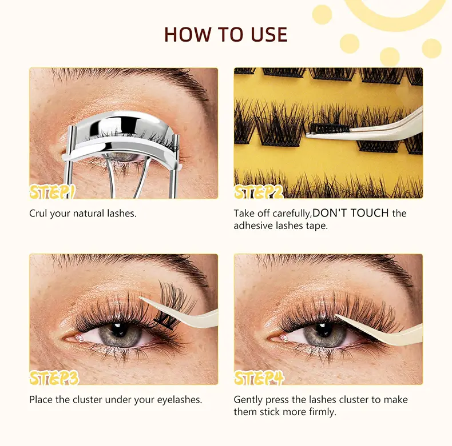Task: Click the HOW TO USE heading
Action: [225, 34]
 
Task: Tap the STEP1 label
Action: [53, 191]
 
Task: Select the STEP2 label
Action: [259, 191]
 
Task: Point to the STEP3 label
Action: [54, 377]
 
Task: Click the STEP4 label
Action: [259, 377]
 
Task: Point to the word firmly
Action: [322, 411]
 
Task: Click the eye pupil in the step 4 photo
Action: [324, 333]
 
